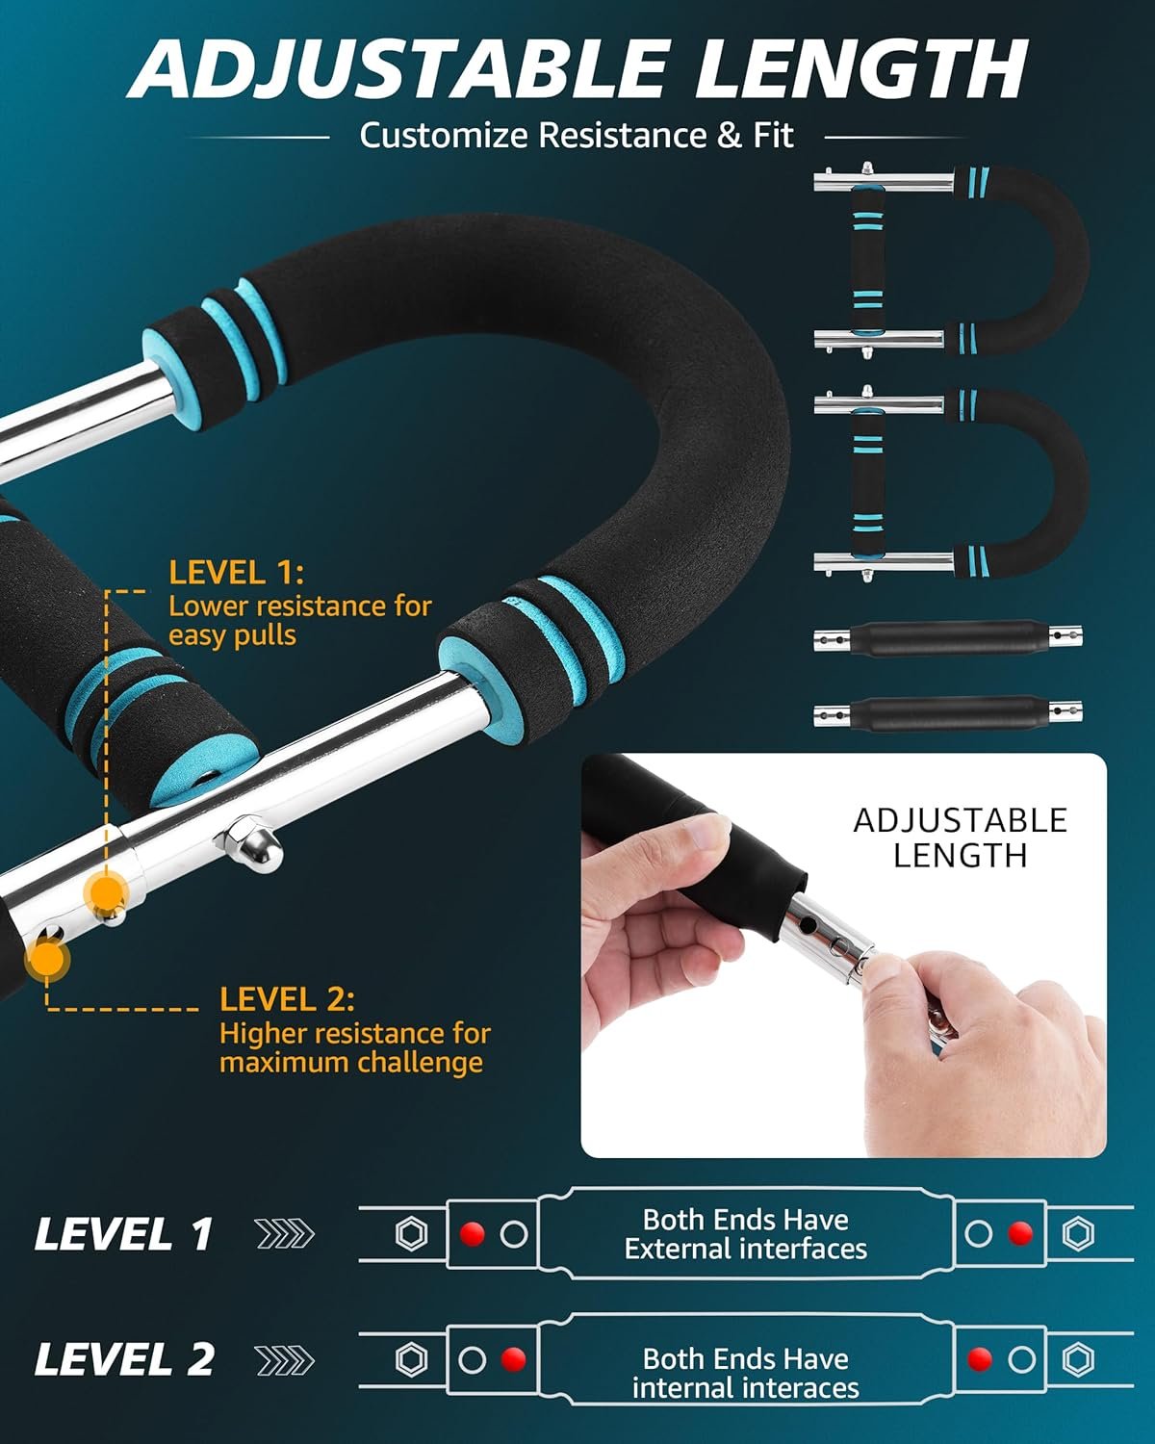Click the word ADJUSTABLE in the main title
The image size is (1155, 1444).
[399, 69]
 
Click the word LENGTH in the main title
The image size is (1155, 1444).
[861, 69]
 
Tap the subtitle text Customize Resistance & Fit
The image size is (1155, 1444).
[577, 135]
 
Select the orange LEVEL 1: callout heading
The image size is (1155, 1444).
[236, 573]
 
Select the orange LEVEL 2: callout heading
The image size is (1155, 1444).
[287, 999]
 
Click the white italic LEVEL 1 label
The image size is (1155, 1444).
[123, 1234]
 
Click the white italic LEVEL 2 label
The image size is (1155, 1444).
[124, 1360]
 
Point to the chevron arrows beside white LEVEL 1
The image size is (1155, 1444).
[285, 1234]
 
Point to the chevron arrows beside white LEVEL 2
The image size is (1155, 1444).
[285, 1361]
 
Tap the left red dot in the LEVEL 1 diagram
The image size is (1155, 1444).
[473, 1233]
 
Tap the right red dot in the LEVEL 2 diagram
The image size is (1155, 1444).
[980, 1359]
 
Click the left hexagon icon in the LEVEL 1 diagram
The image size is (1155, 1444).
[411, 1233]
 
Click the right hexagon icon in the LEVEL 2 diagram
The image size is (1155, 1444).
[1079, 1359]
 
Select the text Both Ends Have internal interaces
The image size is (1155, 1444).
[746, 1374]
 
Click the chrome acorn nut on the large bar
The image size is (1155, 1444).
[249, 842]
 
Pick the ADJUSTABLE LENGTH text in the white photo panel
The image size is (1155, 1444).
[961, 838]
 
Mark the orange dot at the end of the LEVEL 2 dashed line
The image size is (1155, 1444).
[46, 959]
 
